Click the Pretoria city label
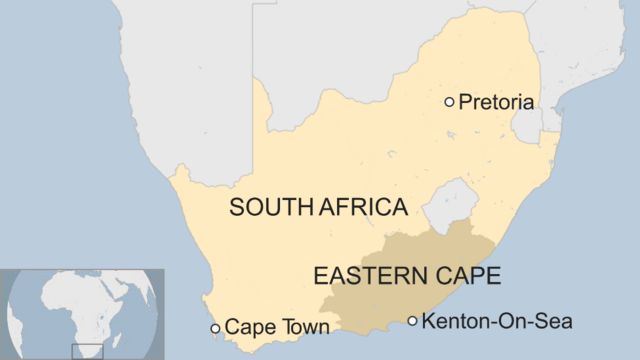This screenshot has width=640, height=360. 497,102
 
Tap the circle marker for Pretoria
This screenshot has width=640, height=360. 449,101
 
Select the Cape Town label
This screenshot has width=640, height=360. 277,327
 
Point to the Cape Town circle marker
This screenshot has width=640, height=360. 215,328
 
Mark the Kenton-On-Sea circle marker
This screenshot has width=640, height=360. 412,321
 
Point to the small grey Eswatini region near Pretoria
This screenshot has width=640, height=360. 525,125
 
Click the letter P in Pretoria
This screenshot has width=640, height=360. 464,102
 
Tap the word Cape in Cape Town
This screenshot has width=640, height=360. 247,327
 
